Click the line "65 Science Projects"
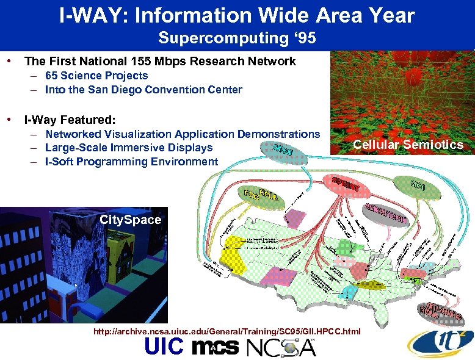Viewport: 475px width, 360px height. tap(96, 76)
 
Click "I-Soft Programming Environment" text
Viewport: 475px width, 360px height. tap(131, 162)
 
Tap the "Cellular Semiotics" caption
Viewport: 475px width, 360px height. tap(408, 145)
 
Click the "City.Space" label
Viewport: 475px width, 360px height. tap(130, 220)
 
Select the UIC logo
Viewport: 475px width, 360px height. tap(164, 347)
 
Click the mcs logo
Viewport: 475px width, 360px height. tap(215, 347)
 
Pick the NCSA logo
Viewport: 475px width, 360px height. tap(280, 347)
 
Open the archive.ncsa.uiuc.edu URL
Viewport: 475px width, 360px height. tap(227, 331)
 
